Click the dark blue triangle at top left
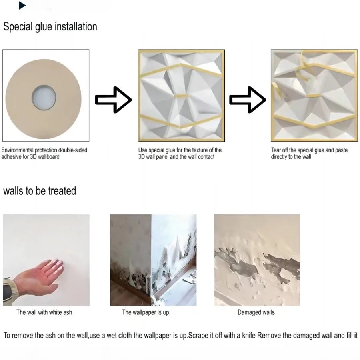click(x=22, y=6)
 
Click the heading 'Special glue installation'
click(x=50, y=27)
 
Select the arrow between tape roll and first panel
click(x=113, y=100)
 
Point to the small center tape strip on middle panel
click(x=182, y=96)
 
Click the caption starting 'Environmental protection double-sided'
click(x=44, y=153)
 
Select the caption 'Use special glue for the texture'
click(x=180, y=153)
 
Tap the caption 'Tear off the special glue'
click(x=309, y=153)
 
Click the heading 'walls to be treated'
click(x=40, y=191)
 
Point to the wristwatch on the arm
click(x=7, y=286)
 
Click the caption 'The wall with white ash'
click(x=44, y=312)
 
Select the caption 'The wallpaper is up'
click(x=145, y=312)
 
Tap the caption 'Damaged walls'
click(x=256, y=312)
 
